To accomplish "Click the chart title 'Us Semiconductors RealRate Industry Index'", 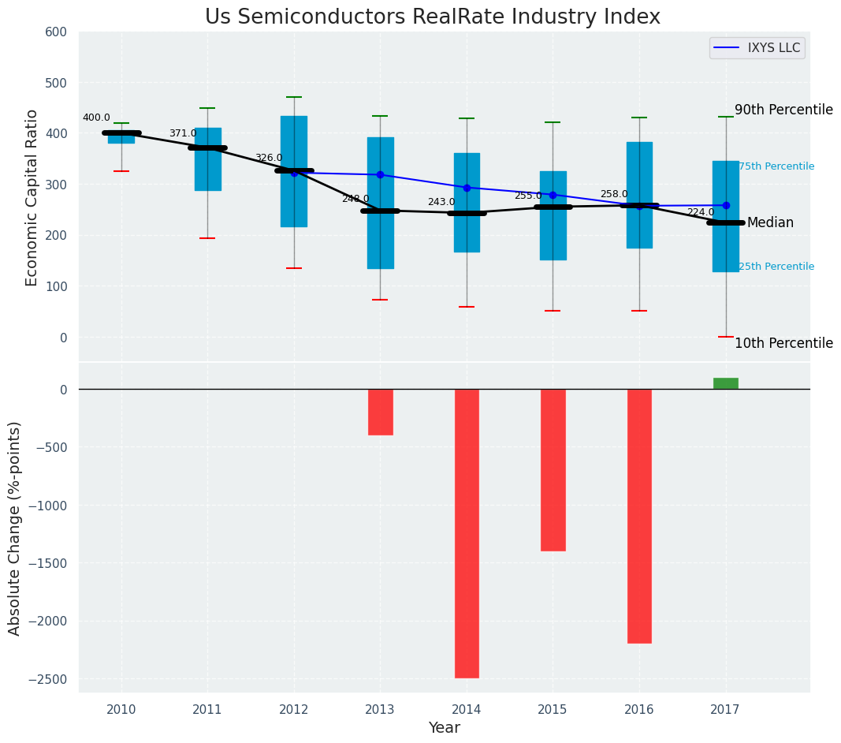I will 432,17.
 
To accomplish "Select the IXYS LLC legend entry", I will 757,48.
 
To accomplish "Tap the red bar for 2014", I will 467,533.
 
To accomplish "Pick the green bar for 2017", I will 726,383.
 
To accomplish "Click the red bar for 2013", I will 380,412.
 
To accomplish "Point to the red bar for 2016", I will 639,516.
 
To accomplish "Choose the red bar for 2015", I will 553,469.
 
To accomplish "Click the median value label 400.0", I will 96,118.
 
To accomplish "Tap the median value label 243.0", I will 441,202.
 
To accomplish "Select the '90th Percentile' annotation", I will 783,110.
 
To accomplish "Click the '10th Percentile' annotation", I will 783,343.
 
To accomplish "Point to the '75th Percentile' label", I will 776,166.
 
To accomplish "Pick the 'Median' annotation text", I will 770,223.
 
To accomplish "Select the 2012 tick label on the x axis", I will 294,710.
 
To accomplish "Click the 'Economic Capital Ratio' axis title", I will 32,197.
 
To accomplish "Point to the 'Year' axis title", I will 445,728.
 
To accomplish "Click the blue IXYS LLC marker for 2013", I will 380,174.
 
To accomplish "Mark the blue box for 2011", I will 208,159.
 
